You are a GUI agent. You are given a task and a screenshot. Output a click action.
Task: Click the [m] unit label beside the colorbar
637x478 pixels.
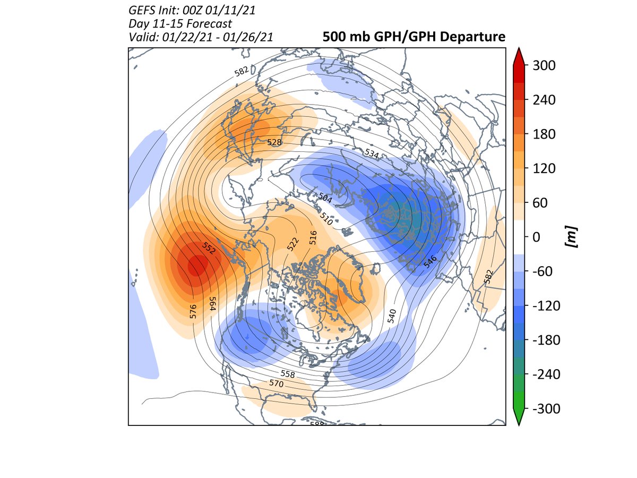tap(572, 237)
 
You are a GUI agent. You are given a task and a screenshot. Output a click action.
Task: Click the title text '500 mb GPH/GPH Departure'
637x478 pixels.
tap(413, 37)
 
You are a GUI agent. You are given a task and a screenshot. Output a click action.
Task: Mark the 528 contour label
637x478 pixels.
tap(274, 142)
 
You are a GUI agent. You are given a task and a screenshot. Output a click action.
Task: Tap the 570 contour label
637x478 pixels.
tap(275, 383)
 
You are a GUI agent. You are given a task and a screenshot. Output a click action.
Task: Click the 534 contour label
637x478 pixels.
tap(372, 153)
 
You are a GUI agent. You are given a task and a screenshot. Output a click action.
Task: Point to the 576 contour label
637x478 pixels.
tap(193, 311)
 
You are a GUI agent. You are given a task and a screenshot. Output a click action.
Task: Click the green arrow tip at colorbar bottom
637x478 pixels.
tap(519, 421)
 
